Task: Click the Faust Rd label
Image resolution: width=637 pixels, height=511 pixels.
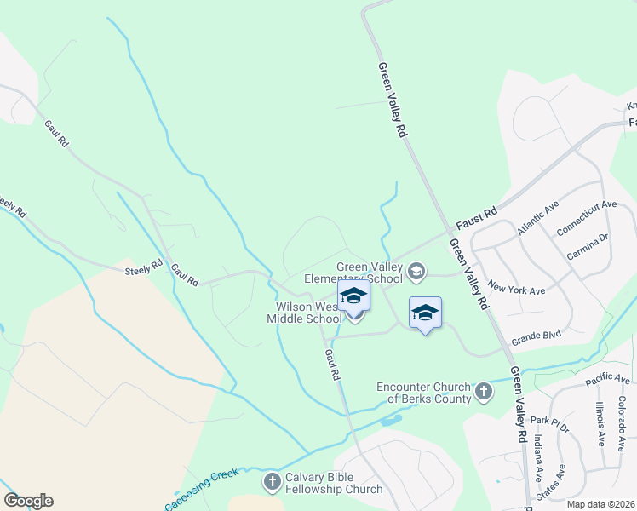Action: click(x=476, y=220)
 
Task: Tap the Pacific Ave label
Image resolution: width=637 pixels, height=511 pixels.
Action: click(x=608, y=378)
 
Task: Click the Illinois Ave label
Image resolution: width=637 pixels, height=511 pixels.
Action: click(x=600, y=424)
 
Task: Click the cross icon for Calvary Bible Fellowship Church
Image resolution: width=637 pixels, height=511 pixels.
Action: click(x=272, y=483)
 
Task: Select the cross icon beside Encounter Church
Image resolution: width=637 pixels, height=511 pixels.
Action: click(x=483, y=391)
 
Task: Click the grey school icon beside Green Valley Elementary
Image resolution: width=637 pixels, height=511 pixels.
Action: click(x=416, y=272)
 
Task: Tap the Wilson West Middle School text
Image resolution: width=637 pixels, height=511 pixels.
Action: click(x=304, y=313)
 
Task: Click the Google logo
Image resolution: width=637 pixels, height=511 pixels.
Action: click(x=28, y=501)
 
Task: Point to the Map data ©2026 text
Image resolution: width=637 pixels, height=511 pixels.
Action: click(x=600, y=504)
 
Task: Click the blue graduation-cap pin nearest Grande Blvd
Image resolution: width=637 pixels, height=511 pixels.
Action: click(x=425, y=313)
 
